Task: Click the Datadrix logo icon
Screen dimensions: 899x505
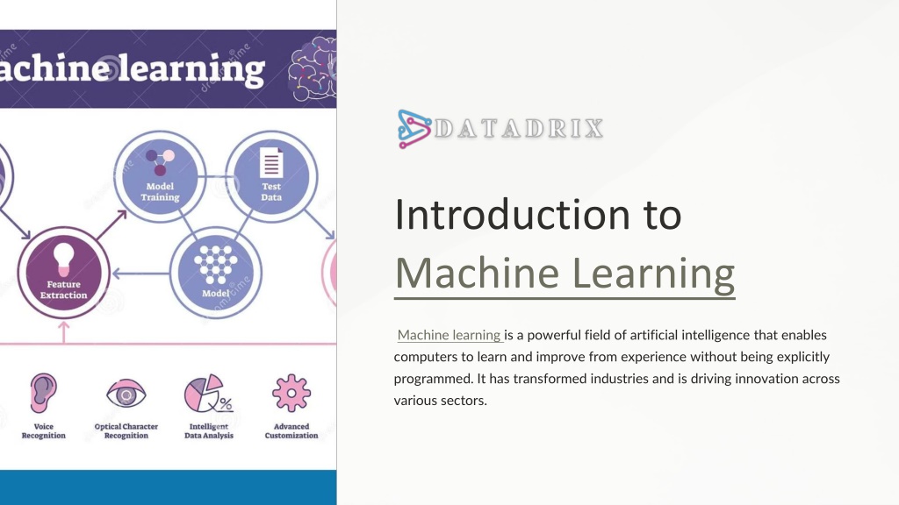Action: (x=414, y=129)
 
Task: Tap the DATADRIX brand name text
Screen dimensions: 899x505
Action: (x=519, y=129)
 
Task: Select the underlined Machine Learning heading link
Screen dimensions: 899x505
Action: (x=565, y=274)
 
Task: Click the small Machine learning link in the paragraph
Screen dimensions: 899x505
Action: (x=449, y=335)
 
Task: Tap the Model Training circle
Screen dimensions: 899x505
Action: (x=160, y=176)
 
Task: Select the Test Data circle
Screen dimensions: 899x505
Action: (x=271, y=176)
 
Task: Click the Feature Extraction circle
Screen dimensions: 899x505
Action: (x=63, y=273)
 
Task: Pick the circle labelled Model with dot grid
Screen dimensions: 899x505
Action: (x=216, y=273)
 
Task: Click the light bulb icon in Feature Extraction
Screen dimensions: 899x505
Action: (x=63, y=259)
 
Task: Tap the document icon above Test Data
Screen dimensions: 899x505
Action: (x=271, y=162)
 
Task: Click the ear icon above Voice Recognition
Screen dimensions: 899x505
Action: (x=44, y=394)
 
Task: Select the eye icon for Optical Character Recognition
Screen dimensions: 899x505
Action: (x=126, y=394)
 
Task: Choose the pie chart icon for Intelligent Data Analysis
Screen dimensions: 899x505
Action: (x=207, y=394)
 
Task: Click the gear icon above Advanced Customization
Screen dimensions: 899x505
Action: (x=291, y=394)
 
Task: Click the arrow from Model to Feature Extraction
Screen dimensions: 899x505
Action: (x=141, y=274)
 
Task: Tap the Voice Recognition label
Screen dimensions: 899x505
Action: (x=44, y=431)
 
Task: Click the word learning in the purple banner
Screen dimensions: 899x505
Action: (x=191, y=70)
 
